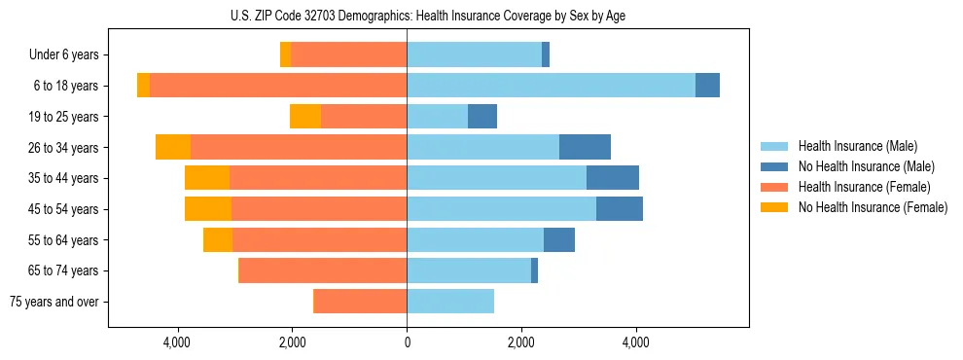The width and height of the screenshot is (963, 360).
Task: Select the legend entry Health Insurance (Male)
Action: (856, 146)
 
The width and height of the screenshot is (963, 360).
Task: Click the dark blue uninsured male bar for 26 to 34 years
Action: (585, 147)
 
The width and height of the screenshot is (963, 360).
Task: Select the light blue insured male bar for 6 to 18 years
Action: (551, 86)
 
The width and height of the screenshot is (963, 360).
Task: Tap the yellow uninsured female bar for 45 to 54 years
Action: (208, 209)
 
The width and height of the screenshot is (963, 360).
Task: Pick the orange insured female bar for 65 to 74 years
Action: (323, 270)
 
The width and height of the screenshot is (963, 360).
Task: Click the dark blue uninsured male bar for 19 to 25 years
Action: (482, 117)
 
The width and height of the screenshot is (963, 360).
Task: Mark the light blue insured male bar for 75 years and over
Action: (450, 302)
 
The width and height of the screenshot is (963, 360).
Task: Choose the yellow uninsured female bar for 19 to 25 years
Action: (305, 117)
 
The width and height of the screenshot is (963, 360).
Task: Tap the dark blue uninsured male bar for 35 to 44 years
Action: (613, 178)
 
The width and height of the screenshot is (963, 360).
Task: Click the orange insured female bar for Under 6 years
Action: (348, 55)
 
